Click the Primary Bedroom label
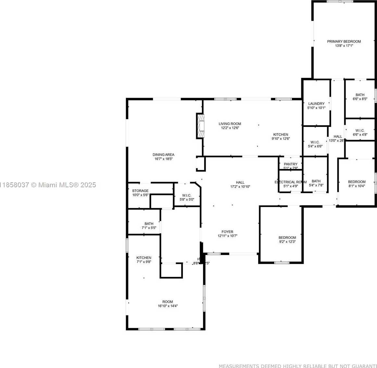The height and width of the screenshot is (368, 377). pos(344,42)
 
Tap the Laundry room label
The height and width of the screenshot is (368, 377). pos(316,104)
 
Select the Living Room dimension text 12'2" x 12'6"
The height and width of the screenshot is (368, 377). pos(230,128)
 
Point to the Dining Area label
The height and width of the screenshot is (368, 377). pos(163,155)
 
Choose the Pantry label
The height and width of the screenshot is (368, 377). pos(290,164)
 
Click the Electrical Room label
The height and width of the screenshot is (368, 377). pos(290,182)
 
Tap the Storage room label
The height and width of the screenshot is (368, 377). pos(140,191)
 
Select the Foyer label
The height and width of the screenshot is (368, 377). pos(227,232)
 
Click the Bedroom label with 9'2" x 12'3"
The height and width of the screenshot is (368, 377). pos(287,238)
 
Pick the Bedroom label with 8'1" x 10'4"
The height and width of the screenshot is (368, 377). pos(357,182)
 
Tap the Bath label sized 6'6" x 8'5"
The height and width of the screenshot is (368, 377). pos(360,95)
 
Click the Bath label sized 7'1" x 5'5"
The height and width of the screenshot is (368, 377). pos(149,224)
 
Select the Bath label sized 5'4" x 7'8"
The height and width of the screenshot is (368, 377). pos(316,181)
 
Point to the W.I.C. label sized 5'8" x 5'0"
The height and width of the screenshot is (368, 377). pos(187,195)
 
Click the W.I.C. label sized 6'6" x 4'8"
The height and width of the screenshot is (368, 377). pos(360,130)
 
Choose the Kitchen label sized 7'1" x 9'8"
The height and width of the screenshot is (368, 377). pos(144,258)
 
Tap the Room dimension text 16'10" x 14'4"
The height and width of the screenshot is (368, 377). pos(168,306)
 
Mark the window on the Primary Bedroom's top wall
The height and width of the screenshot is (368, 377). pos(340,1)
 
